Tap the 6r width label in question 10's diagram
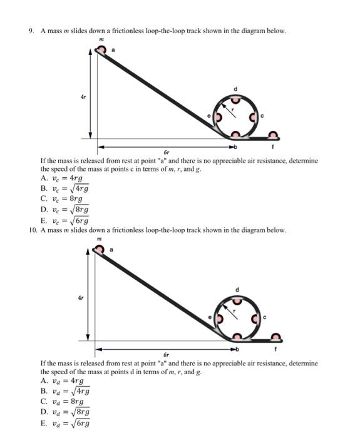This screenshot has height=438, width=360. [167, 354]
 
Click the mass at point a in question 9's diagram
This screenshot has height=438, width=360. [101, 50]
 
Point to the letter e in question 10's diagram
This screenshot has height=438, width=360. [210, 318]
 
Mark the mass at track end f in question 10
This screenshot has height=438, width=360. [274, 336]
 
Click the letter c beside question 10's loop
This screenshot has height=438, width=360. [264, 317]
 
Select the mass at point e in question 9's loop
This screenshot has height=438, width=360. [218, 117]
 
